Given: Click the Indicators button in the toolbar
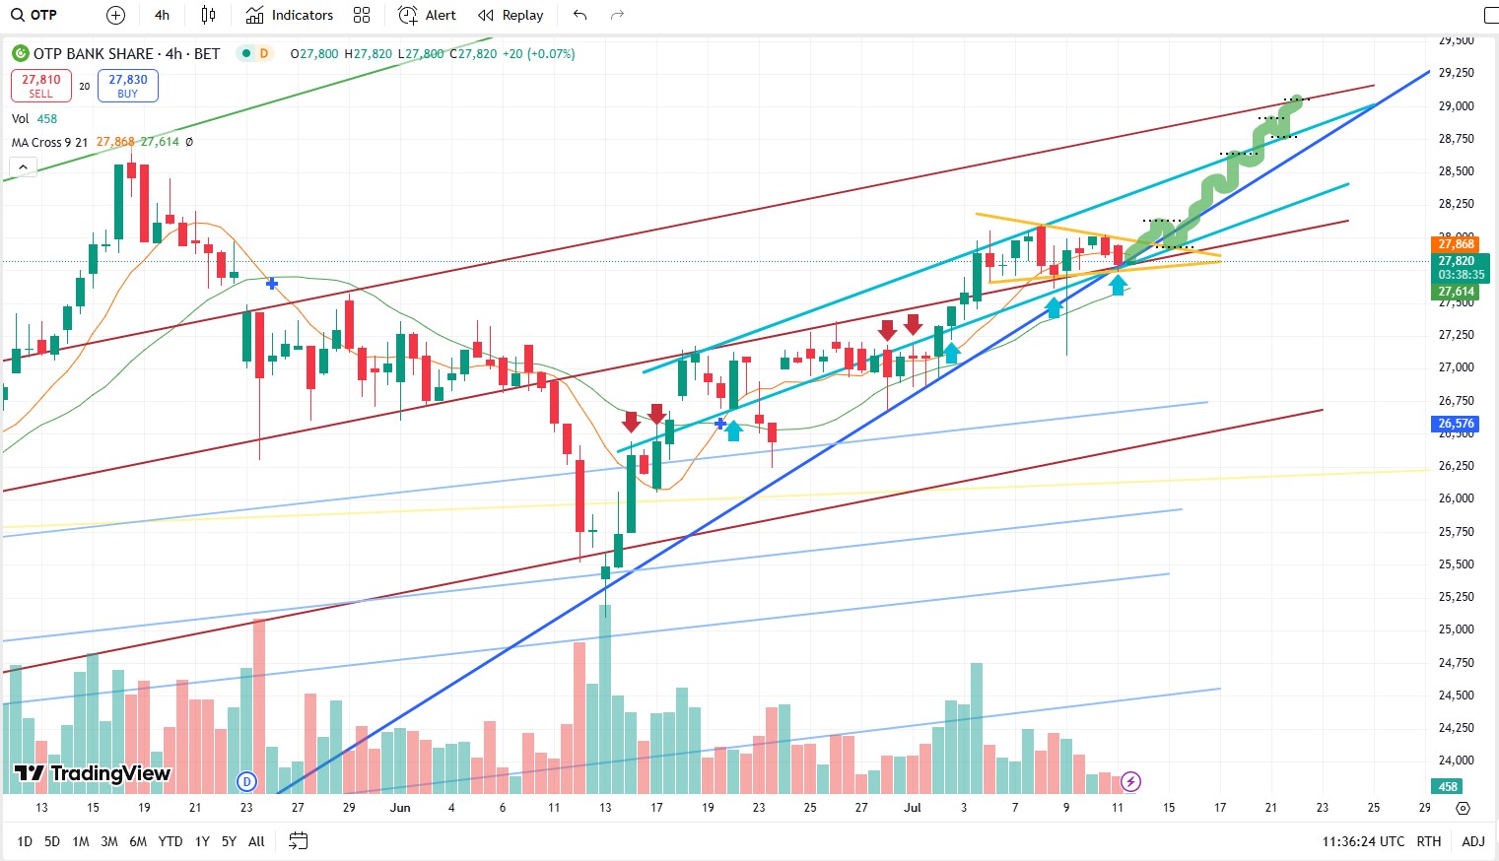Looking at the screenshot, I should pyautogui.click(x=290, y=15).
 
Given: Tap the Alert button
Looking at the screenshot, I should pyautogui.click(x=428, y=15).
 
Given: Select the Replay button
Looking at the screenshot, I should pyautogui.click(x=511, y=15).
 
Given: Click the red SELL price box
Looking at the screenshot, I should pyautogui.click(x=41, y=86).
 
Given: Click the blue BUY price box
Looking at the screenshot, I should pyautogui.click(x=128, y=86).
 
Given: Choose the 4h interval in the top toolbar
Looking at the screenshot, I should pyautogui.click(x=163, y=15).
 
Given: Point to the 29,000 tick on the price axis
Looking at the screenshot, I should pyautogui.click(x=1456, y=105).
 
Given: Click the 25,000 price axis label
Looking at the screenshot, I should pyautogui.click(x=1456, y=629).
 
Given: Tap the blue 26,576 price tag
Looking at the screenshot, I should pyautogui.click(x=1456, y=424).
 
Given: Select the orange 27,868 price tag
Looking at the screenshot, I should pyautogui.click(x=1456, y=243).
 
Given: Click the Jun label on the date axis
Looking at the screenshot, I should pyautogui.click(x=400, y=808).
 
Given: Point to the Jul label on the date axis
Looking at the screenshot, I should pyautogui.click(x=913, y=808).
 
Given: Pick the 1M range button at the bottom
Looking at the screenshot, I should pyautogui.click(x=81, y=841).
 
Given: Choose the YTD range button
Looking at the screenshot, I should pyautogui.click(x=170, y=841).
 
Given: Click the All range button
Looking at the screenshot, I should pyautogui.click(x=256, y=841).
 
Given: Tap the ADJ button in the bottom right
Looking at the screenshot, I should pyautogui.click(x=1473, y=841).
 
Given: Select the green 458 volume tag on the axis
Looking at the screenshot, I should pyautogui.click(x=1448, y=786).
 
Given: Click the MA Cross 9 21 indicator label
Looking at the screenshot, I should pyautogui.click(x=49, y=142).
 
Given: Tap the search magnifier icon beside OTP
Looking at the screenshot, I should pyautogui.click(x=18, y=15).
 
